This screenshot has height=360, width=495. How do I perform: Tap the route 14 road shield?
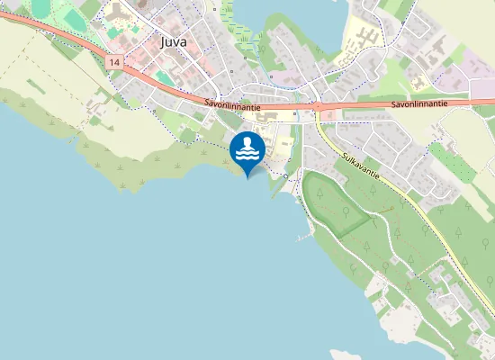click(x=112, y=62)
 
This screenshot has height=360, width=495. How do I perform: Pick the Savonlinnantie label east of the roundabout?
click(x=419, y=104)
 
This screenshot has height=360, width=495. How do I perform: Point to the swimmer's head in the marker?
click(x=247, y=142)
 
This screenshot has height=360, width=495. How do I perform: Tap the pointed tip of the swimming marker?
click(x=247, y=177)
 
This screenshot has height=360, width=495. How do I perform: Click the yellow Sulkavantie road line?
click(x=405, y=198)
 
